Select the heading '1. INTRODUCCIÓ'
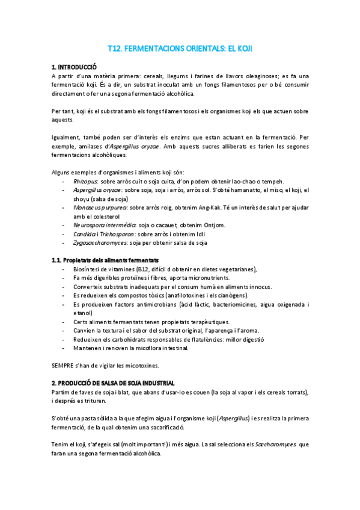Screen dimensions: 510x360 coord(74,67)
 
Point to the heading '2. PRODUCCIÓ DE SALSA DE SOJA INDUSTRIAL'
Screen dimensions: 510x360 coord(113,383)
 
